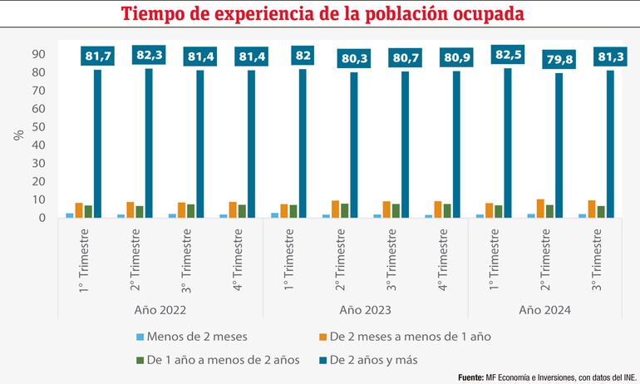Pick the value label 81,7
click(x=99, y=57)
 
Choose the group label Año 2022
click(x=160, y=310)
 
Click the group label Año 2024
click(x=546, y=310)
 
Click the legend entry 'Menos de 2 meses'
click(x=196, y=337)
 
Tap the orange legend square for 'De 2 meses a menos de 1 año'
click(x=321, y=337)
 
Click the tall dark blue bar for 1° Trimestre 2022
click(x=97, y=143)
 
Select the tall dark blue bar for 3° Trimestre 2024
click(x=609, y=144)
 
